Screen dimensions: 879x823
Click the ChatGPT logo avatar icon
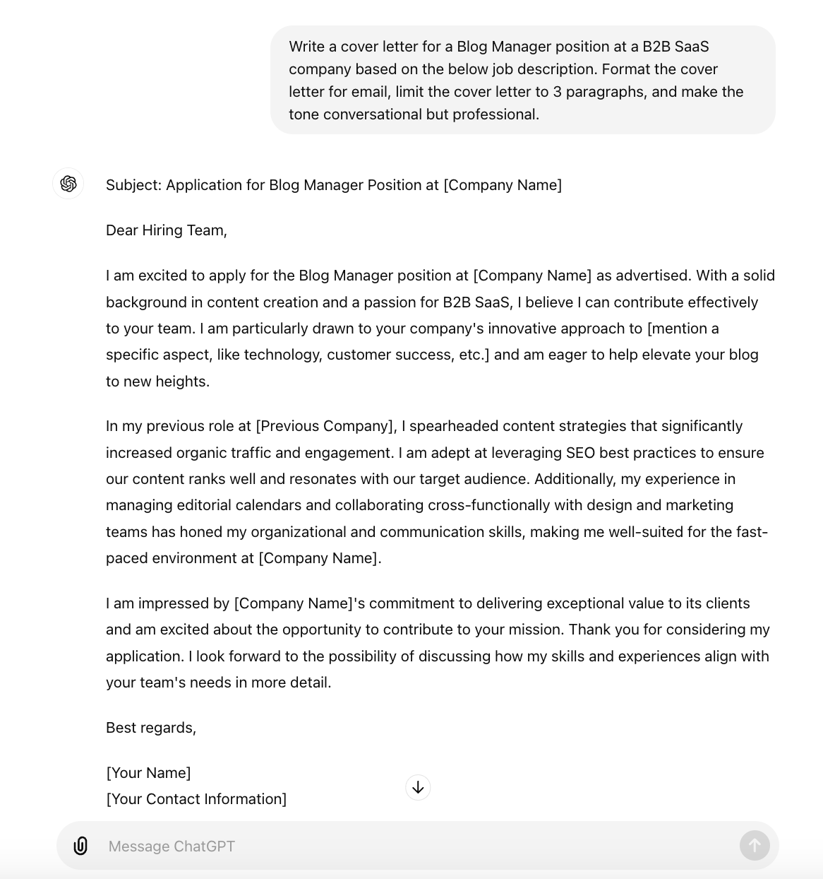[x=68, y=184]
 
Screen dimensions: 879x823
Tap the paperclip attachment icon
[x=80, y=846]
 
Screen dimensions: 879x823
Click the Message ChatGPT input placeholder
[x=172, y=846]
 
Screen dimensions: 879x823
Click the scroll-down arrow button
[x=418, y=787]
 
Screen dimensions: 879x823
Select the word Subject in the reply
[x=133, y=185]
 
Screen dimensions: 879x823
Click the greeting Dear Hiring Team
[x=166, y=230]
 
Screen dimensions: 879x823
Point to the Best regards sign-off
[x=150, y=728]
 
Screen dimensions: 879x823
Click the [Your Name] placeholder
[x=148, y=773]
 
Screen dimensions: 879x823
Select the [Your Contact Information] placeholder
[x=196, y=799]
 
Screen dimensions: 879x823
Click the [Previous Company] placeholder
[x=325, y=426]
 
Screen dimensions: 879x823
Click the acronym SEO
[x=580, y=453]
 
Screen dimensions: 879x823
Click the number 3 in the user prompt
[x=558, y=92]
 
